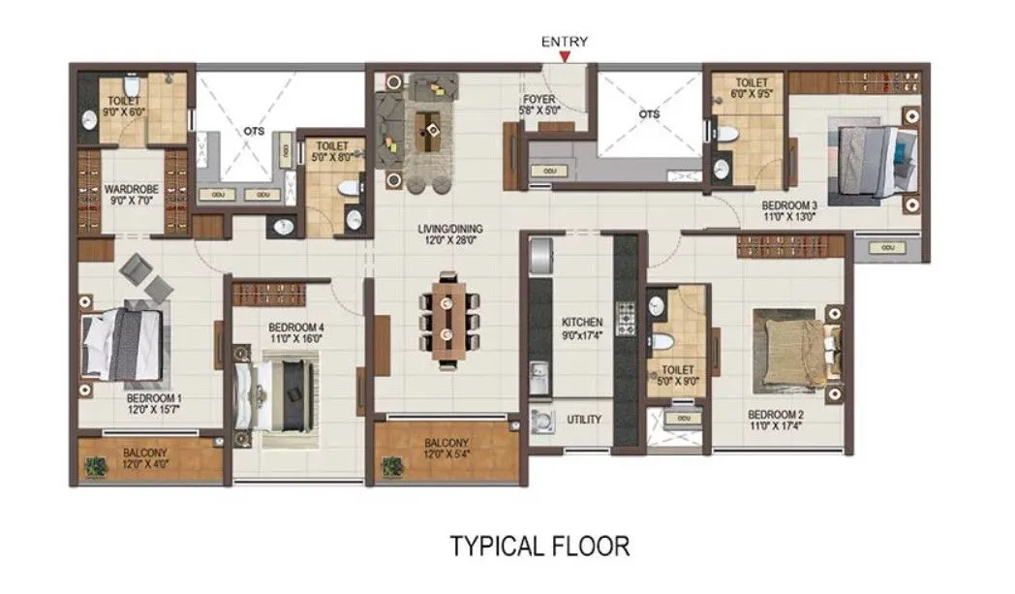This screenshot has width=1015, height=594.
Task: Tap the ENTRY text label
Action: point(564,42)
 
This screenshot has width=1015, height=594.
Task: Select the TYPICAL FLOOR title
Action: point(539,546)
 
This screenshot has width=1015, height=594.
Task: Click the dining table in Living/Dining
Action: point(446,319)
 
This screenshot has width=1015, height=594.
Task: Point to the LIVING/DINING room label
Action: point(449,230)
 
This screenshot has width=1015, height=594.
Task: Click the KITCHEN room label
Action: point(582,322)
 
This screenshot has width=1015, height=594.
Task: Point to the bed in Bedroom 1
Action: point(121,341)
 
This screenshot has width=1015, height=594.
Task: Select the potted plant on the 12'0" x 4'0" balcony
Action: point(95,467)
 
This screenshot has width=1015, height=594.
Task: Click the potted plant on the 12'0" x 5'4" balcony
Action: point(392,466)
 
